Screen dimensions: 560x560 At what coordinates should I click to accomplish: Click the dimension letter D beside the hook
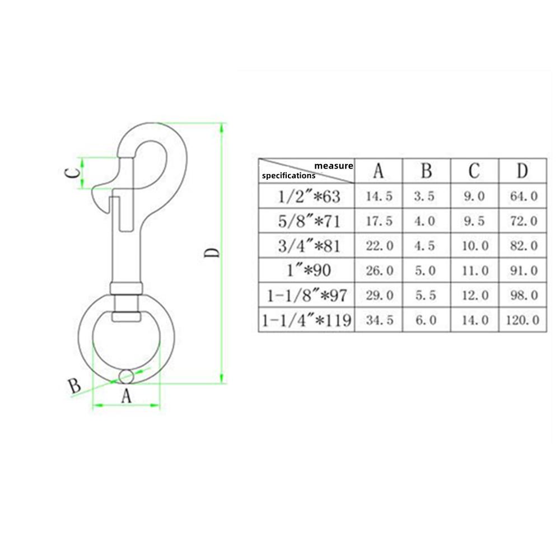[x=212, y=253]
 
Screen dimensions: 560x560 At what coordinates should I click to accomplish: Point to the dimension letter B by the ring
[x=74, y=385]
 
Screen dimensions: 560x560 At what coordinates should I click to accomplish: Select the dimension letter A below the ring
[x=126, y=396]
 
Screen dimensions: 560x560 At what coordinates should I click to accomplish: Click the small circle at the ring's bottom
[x=127, y=376]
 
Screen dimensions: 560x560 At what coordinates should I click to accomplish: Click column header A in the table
[x=379, y=171]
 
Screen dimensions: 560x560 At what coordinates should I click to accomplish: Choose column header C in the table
[x=474, y=171]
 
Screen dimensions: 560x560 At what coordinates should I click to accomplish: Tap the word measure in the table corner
[x=333, y=166]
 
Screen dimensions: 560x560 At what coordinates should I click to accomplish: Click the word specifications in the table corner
[x=288, y=175]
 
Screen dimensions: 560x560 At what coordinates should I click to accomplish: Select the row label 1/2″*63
[x=306, y=197]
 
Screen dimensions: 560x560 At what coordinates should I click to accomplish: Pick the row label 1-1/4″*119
[x=306, y=320]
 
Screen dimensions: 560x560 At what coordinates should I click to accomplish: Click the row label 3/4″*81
[x=306, y=246]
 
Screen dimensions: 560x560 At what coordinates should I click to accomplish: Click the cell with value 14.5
[x=379, y=197]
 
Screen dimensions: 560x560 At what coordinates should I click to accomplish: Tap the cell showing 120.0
[x=522, y=320]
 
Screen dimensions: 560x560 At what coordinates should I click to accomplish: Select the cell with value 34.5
[x=379, y=320]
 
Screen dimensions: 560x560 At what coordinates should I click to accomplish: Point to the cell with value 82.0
[x=522, y=246]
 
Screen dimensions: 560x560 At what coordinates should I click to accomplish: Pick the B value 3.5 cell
[x=426, y=197]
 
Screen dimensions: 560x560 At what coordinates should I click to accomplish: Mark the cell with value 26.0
[x=379, y=271]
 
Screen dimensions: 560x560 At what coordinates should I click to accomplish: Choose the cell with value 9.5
[x=474, y=221]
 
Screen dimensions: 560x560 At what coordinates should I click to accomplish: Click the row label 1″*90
[x=306, y=271]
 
